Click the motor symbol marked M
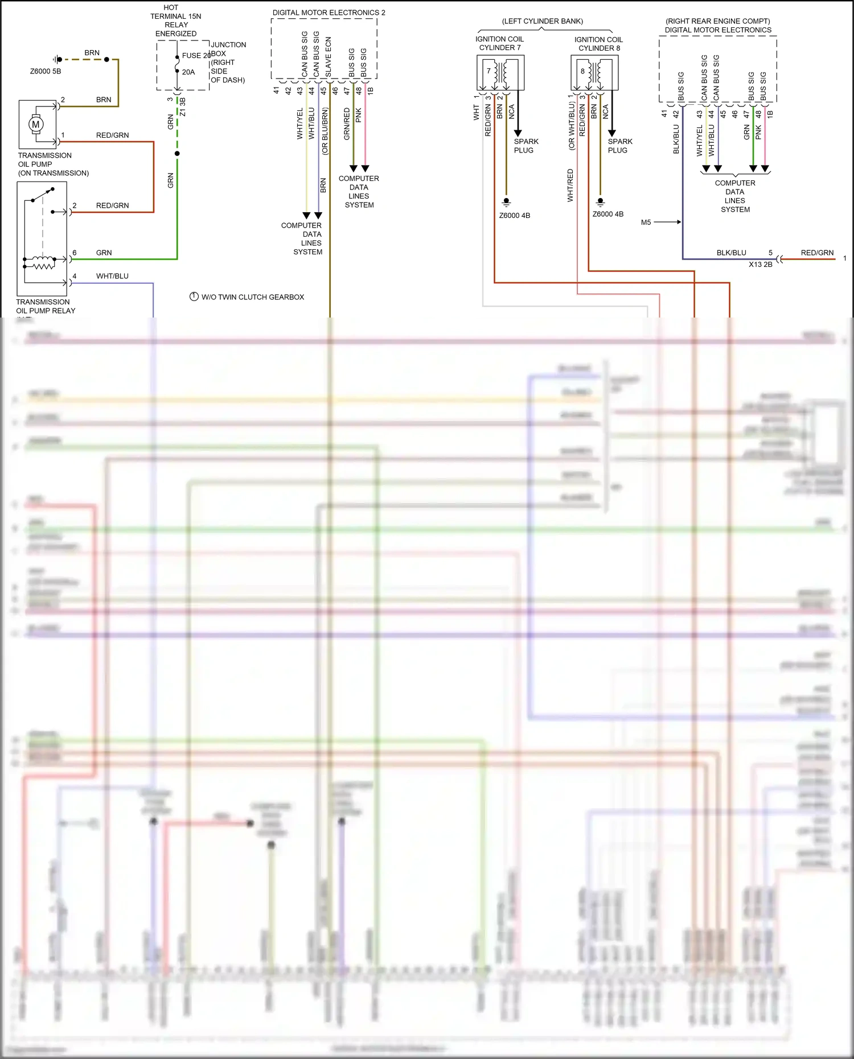[x=36, y=124]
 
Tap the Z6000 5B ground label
[x=46, y=71]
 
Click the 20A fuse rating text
[x=188, y=72]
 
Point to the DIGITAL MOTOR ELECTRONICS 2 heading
[x=329, y=13]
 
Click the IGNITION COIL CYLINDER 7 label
[x=499, y=43]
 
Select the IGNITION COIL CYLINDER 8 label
[x=598, y=44]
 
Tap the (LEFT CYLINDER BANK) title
[x=542, y=21]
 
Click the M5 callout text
[x=646, y=222]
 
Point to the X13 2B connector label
[x=760, y=264]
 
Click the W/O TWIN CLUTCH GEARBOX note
[x=252, y=297]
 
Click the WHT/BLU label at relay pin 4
[x=112, y=276]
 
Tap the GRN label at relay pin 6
[x=104, y=253]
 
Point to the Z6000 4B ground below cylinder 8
[x=607, y=214]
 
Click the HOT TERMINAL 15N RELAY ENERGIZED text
[x=175, y=20]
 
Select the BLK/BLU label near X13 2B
[x=731, y=253]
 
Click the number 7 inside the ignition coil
[x=488, y=71]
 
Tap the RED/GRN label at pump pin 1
[x=112, y=135]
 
